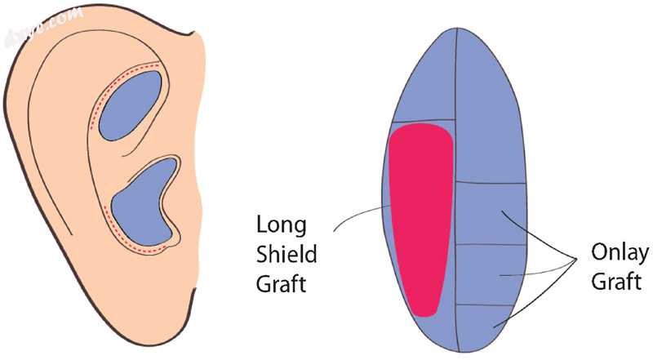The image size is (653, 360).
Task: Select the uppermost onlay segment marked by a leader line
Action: (490, 212)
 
